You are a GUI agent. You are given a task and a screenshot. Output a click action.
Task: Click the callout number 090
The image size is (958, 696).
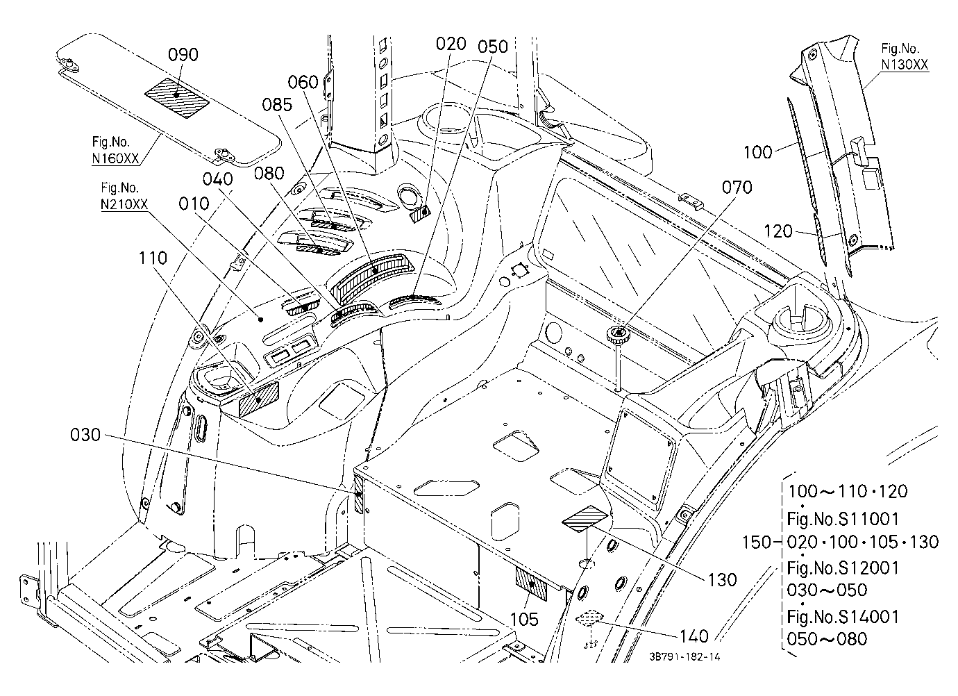(183, 55)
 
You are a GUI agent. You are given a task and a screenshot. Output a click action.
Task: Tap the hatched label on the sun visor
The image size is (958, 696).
(176, 97)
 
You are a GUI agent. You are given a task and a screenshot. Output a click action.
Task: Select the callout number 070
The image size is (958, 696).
(737, 188)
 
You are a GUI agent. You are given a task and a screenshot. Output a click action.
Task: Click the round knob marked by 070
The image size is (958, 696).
(619, 333)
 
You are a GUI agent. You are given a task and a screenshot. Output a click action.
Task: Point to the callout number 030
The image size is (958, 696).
(85, 435)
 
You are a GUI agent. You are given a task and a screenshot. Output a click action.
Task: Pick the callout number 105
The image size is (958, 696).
(524, 619)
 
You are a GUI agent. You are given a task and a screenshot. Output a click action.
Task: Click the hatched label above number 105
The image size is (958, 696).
(531, 584)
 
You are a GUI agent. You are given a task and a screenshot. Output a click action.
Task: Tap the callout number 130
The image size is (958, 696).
(723, 579)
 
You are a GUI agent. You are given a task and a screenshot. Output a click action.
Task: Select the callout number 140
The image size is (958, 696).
(694, 636)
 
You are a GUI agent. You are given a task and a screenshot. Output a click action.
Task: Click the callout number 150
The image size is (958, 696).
(756, 542)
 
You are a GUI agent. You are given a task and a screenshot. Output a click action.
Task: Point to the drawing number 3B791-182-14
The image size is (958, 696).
(684, 657)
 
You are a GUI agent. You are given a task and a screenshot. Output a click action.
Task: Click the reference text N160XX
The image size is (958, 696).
(115, 158)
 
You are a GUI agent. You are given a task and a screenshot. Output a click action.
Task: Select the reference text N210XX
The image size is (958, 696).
(124, 204)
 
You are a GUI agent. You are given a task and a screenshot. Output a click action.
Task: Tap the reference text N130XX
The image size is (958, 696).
(905, 65)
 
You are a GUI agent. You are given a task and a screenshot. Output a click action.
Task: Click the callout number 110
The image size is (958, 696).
(153, 258)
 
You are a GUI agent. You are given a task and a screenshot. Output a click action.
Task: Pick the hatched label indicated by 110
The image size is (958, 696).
(259, 399)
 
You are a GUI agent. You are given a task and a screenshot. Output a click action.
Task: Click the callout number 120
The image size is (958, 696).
(778, 231)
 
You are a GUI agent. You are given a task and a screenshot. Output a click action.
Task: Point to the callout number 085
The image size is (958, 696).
(277, 105)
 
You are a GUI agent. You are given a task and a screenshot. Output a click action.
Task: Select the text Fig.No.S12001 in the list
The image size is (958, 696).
(843, 568)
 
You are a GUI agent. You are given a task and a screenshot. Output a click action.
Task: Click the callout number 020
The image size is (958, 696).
(451, 44)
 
